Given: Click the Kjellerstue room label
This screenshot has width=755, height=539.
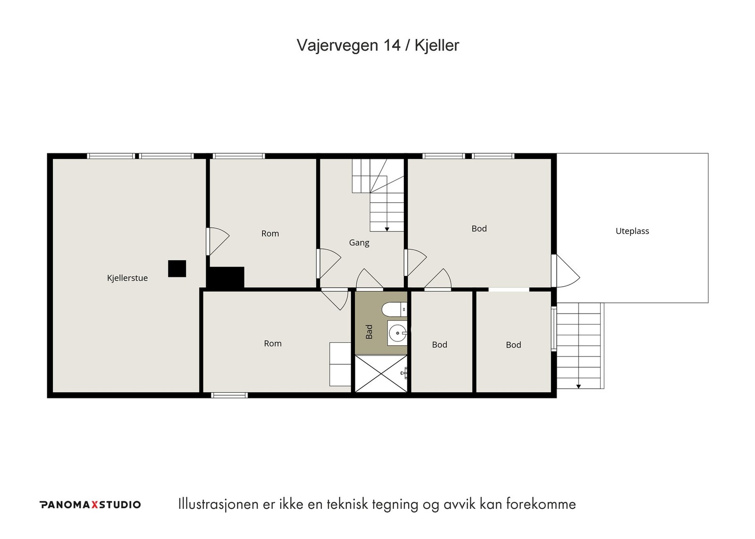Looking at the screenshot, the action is pyautogui.click(x=127, y=278).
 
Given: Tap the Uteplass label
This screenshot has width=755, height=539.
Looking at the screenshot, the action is pyautogui.click(x=632, y=231).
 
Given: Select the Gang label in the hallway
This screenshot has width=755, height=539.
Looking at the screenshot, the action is pyautogui.click(x=359, y=242).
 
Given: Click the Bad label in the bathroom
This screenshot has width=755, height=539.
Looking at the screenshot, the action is pyautogui.click(x=369, y=332).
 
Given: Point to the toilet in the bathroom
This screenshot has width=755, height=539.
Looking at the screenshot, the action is pyautogui.click(x=394, y=309).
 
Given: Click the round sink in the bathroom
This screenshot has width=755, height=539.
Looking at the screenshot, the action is pyautogui.click(x=398, y=333).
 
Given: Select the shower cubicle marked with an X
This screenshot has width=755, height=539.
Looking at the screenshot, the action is pyautogui.click(x=381, y=373).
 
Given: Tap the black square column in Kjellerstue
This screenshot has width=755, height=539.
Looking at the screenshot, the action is pyautogui.click(x=177, y=268).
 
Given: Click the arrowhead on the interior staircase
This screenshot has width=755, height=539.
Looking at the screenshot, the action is pyautogui.click(x=387, y=229).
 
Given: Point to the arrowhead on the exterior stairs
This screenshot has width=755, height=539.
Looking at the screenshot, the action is pyautogui.click(x=579, y=386).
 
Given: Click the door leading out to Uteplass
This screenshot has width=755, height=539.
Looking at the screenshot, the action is pyautogui.click(x=566, y=271).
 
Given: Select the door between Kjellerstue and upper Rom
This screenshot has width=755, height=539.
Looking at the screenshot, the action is pyautogui.click(x=218, y=241).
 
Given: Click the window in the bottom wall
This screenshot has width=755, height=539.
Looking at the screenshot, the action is pyautogui.click(x=229, y=395).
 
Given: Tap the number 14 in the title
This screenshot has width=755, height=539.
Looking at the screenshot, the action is pyautogui.click(x=392, y=45).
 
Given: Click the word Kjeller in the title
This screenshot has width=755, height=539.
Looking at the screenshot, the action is pyautogui.click(x=437, y=45).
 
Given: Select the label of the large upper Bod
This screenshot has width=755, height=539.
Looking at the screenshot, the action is pyautogui.click(x=479, y=229).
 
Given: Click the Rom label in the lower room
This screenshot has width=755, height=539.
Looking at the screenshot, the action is pyautogui.click(x=273, y=344).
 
